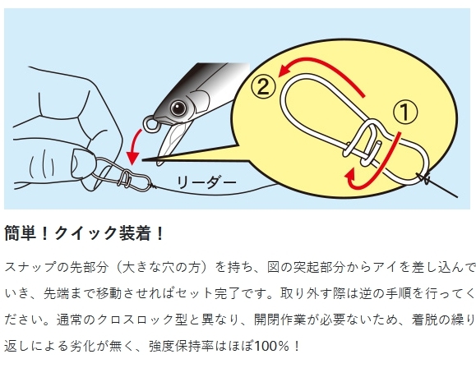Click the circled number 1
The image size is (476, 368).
405,113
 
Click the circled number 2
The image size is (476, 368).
263,87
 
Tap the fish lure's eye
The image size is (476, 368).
178,108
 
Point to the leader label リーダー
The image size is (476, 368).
206,182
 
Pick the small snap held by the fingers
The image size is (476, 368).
122,179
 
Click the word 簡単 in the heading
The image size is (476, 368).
21,233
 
